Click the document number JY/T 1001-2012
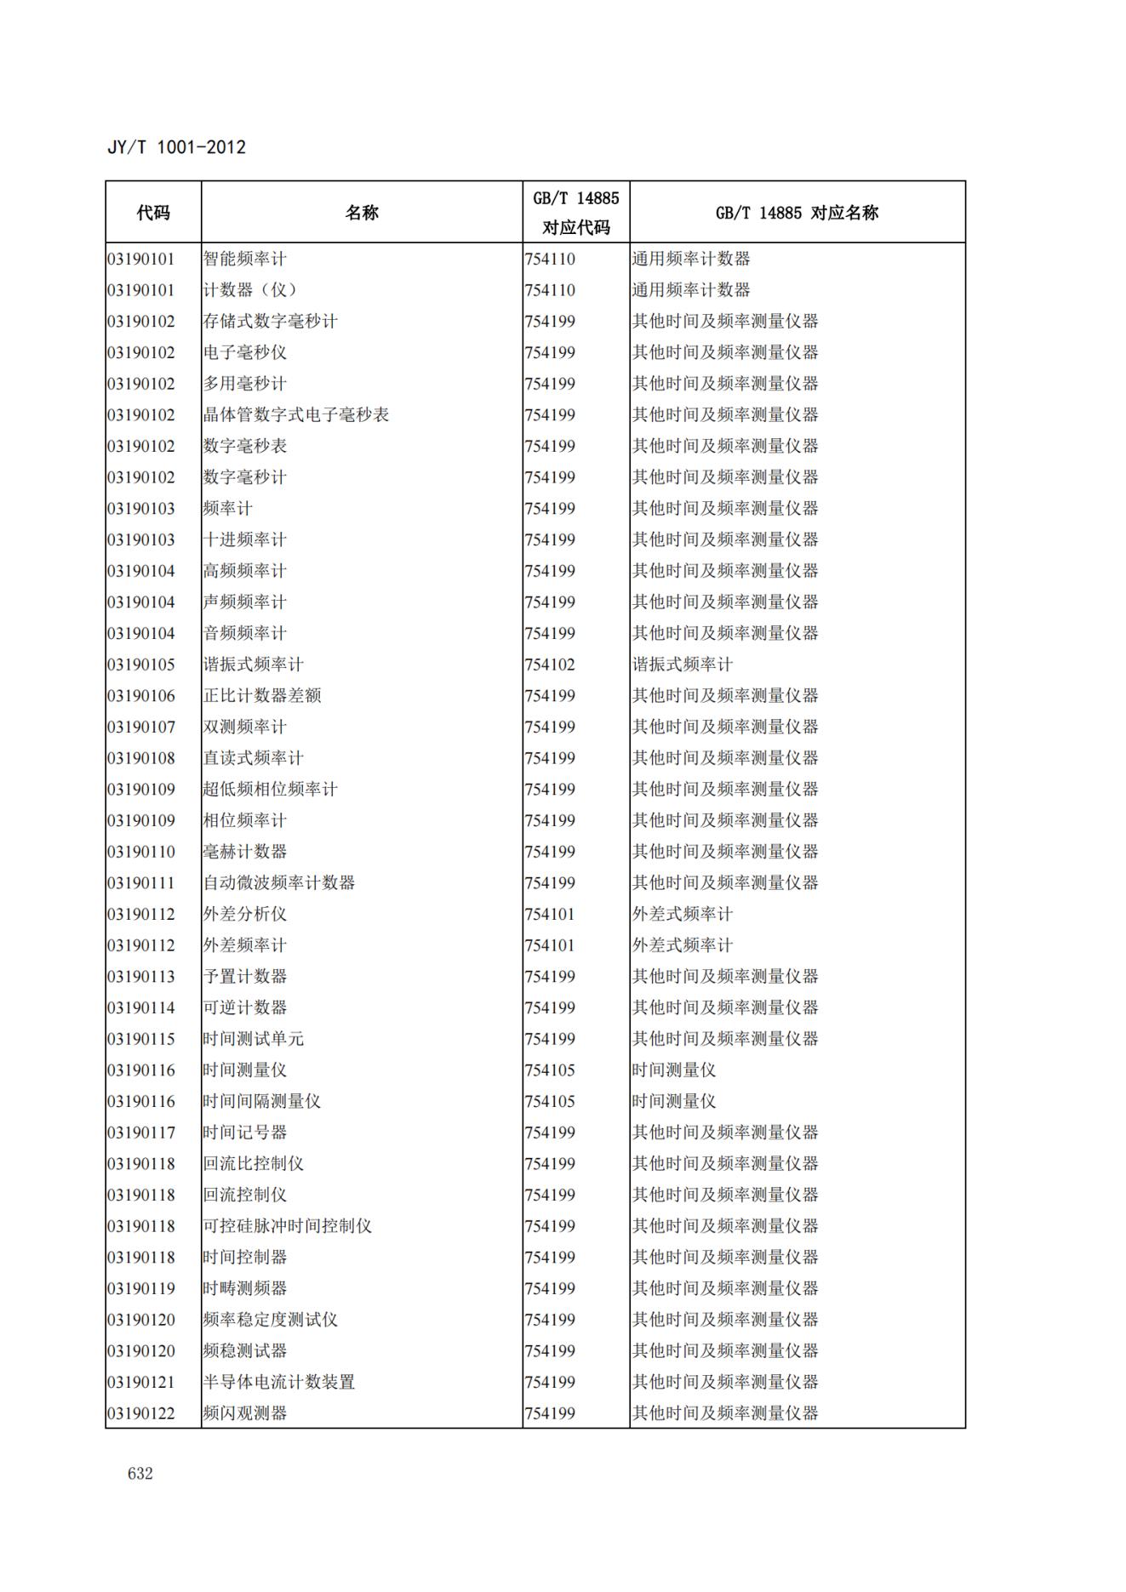click(x=176, y=147)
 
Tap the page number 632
click(x=140, y=1474)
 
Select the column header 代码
click(x=153, y=213)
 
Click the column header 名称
click(x=362, y=213)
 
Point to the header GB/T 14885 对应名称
click(x=797, y=213)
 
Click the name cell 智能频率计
click(x=245, y=259)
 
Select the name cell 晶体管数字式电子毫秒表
click(x=296, y=415)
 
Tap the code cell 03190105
click(x=141, y=665)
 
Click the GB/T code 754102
click(x=550, y=665)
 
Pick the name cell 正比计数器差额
click(x=262, y=696)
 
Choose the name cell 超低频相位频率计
click(x=271, y=790)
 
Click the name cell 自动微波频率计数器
click(x=279, y=883)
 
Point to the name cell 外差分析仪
click(x=245, y=915)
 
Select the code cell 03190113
click(x=141, y=977)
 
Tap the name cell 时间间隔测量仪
click(x=262, y=1102)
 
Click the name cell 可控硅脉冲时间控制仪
click(x=288, y=1226)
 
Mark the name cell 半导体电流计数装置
click(x=279, y=1383)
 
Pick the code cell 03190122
click(x=141, y=1414)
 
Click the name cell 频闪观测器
click(x=245, y=1414)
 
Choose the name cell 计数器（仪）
click(x=250, y=290)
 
